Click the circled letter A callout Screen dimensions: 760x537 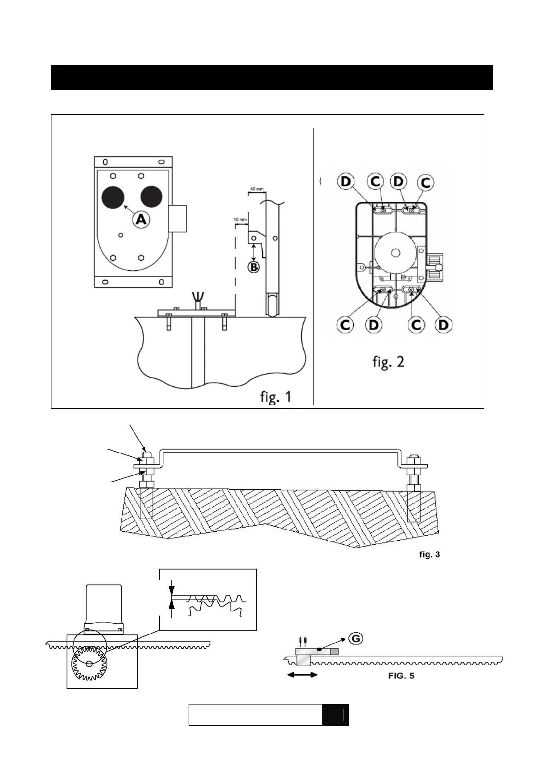(141, 220)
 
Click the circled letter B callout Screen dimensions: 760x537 (254, 267)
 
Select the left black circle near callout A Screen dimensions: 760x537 (113, 198)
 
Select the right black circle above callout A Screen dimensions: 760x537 (151, 197)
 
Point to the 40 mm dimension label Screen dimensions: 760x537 (257, 189)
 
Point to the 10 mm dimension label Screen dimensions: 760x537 (240, 220)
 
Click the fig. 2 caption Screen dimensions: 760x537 (388, 362)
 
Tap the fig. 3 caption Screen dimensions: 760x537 (430, 555)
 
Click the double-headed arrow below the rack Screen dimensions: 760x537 (303, 675)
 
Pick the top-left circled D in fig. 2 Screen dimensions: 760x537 (346, 181)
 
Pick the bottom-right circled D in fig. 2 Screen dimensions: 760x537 (443, 324)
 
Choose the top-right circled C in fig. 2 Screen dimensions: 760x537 (425, 182)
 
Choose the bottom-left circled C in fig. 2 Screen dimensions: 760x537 (346, 324)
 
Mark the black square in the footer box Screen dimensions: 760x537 (335, 715)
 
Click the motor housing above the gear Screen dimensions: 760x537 (103, 606)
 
